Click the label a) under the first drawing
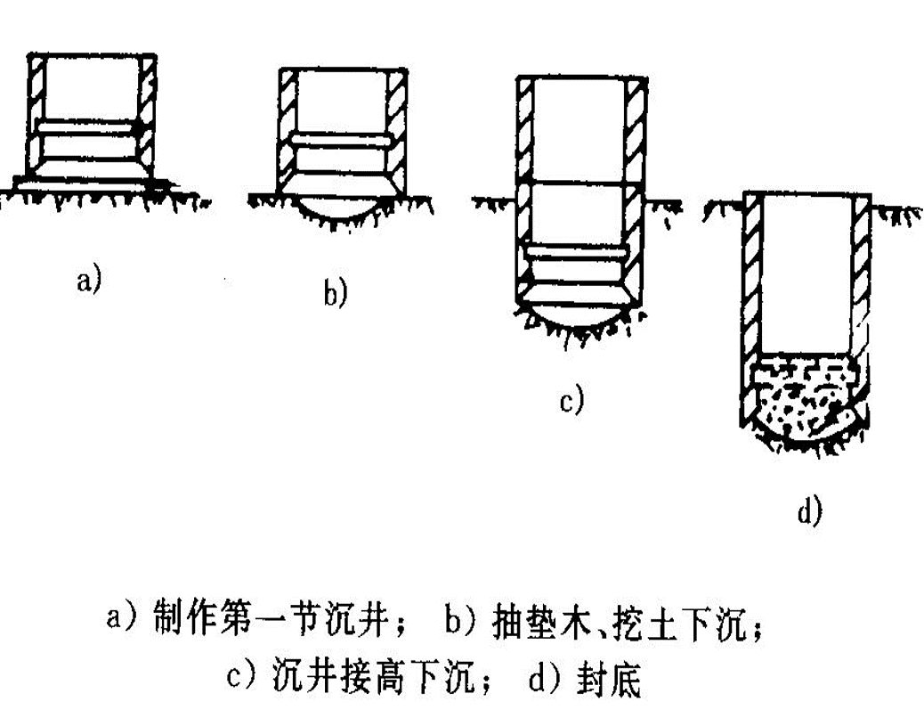(90, 282)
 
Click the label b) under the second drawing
(335, 292)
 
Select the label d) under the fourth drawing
(809, 512)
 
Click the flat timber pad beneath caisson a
(89, 182)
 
